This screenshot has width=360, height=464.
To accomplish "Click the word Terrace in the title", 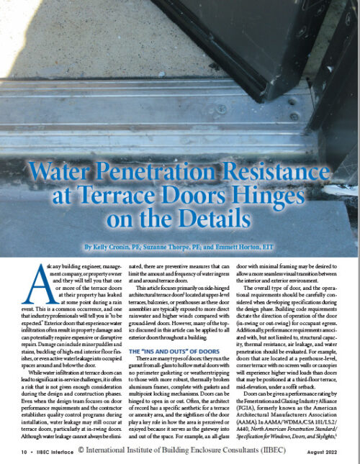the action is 128,196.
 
